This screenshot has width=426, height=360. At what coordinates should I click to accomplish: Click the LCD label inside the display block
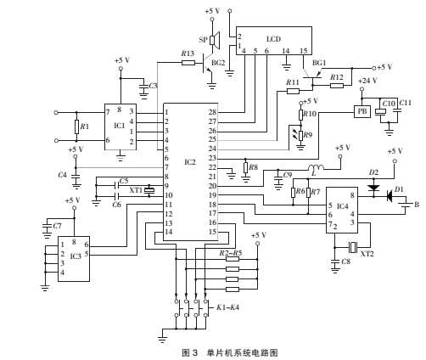pyautogui.click(x=274, y=39)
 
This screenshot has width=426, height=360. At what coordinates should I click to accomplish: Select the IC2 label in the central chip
pyautogui.click(x=190, y=162)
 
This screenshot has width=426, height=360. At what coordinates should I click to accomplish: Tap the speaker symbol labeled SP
pyautogui.click(x=215, y=40)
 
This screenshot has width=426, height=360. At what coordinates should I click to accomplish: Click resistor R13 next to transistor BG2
pyautogui.click(x=188, y=63)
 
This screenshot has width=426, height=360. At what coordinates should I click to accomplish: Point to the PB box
pyautogui.click(x=362, y=111)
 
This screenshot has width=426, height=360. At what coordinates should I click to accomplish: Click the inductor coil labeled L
pyautogui.click(x=316, y=167)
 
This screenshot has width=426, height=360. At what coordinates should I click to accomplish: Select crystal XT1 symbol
pyautogui.click(x=149, y=190)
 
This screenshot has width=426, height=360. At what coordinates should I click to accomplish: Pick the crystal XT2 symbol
pyautogui.click(x=353, y=247)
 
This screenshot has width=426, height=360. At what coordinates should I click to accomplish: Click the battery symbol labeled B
pyautogui.click(x=406, y=205)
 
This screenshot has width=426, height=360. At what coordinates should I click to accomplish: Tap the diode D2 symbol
pyautogui.click(x=373, y=188)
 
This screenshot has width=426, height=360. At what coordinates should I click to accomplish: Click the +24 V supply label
pyautogui.click(x=367, y=81)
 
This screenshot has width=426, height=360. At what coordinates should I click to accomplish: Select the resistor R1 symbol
pyautogui.click(x=76, y=127)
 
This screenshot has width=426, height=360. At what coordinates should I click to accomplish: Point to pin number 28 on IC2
pyautogui.click(x=212, y=112)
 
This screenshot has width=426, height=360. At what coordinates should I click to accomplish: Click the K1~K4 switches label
pyautogui.click(x=227, y=307)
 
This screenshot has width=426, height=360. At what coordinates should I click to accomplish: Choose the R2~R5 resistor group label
pyautogui.click(x=231, y=253)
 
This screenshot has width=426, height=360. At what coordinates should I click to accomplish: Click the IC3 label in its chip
pyautogui.click(x=76, y=256)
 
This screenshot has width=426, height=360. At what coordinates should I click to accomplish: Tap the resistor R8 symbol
pyautogui.click(x=245, y=167)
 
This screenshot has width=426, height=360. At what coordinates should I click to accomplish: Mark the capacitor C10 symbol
pyautogui.click(x=380, y=112)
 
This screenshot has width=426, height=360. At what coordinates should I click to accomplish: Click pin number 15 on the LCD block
pyautogui.click(x=303, y=51)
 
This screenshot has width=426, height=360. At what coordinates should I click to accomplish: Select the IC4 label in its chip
pyautogui.click(x=342, y=206)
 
